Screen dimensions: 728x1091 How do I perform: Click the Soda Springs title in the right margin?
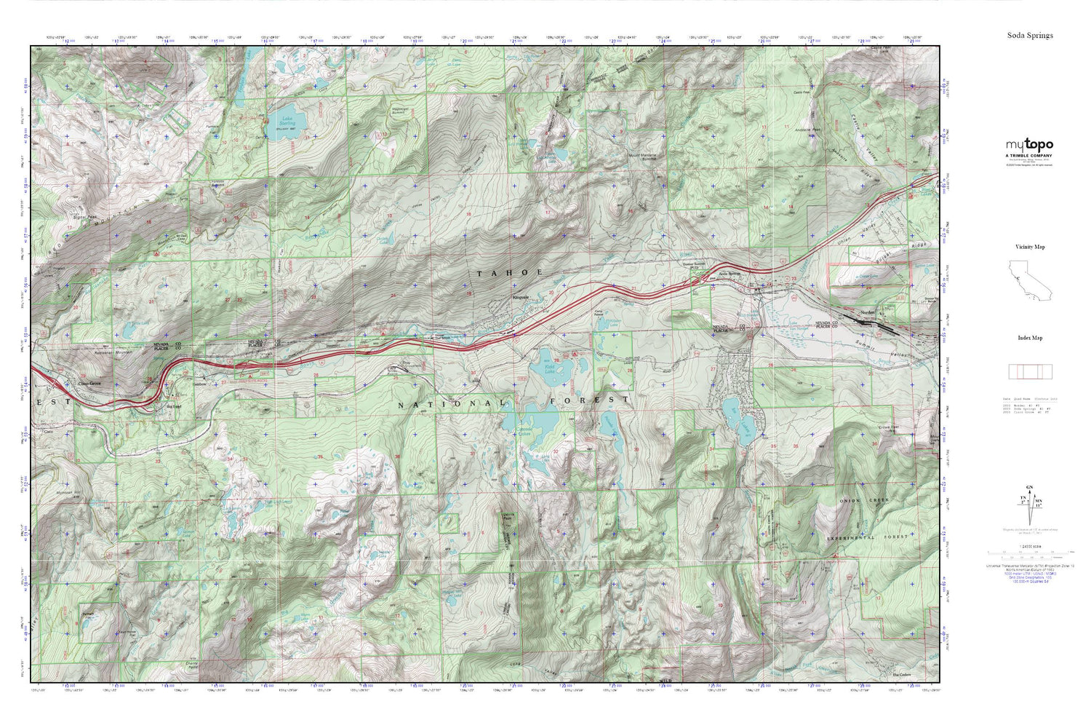pyautogui.click(x=1029, y=35)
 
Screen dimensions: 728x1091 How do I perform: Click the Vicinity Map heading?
pyautogui.click(x=1029, y=247)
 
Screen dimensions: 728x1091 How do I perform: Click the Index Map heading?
pyautogui.click(x=1029, y=338)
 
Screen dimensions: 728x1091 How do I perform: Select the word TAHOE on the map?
pyautogui.click(x=510, y=272)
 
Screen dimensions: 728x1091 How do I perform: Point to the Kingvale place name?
pyautogui.click(x=521, y=298)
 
